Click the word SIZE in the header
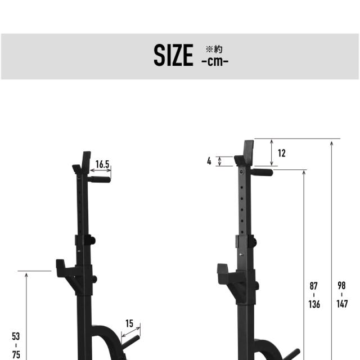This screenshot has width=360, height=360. pyautogui.click(x=173, y=55)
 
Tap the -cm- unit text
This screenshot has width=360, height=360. pyautogui.click(x=215, y=61)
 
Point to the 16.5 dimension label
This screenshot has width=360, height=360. pyautogui.click(x=102, y=164)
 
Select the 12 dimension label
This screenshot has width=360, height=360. pyautogui.click(x=282, y=154)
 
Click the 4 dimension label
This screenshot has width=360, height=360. pyautogui.click(x=209, y=161)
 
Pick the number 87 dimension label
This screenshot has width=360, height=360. pyautogui.click(x=314, y=286)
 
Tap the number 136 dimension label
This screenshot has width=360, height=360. pyautogui.click(x=314, y=304)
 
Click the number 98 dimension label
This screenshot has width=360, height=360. pyautogui.click(x=341, y=286)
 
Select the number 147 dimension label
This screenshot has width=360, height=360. pyautogui.click(x=342, y=304)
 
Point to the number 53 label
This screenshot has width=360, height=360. pyautogui.click(x=16, y=336)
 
